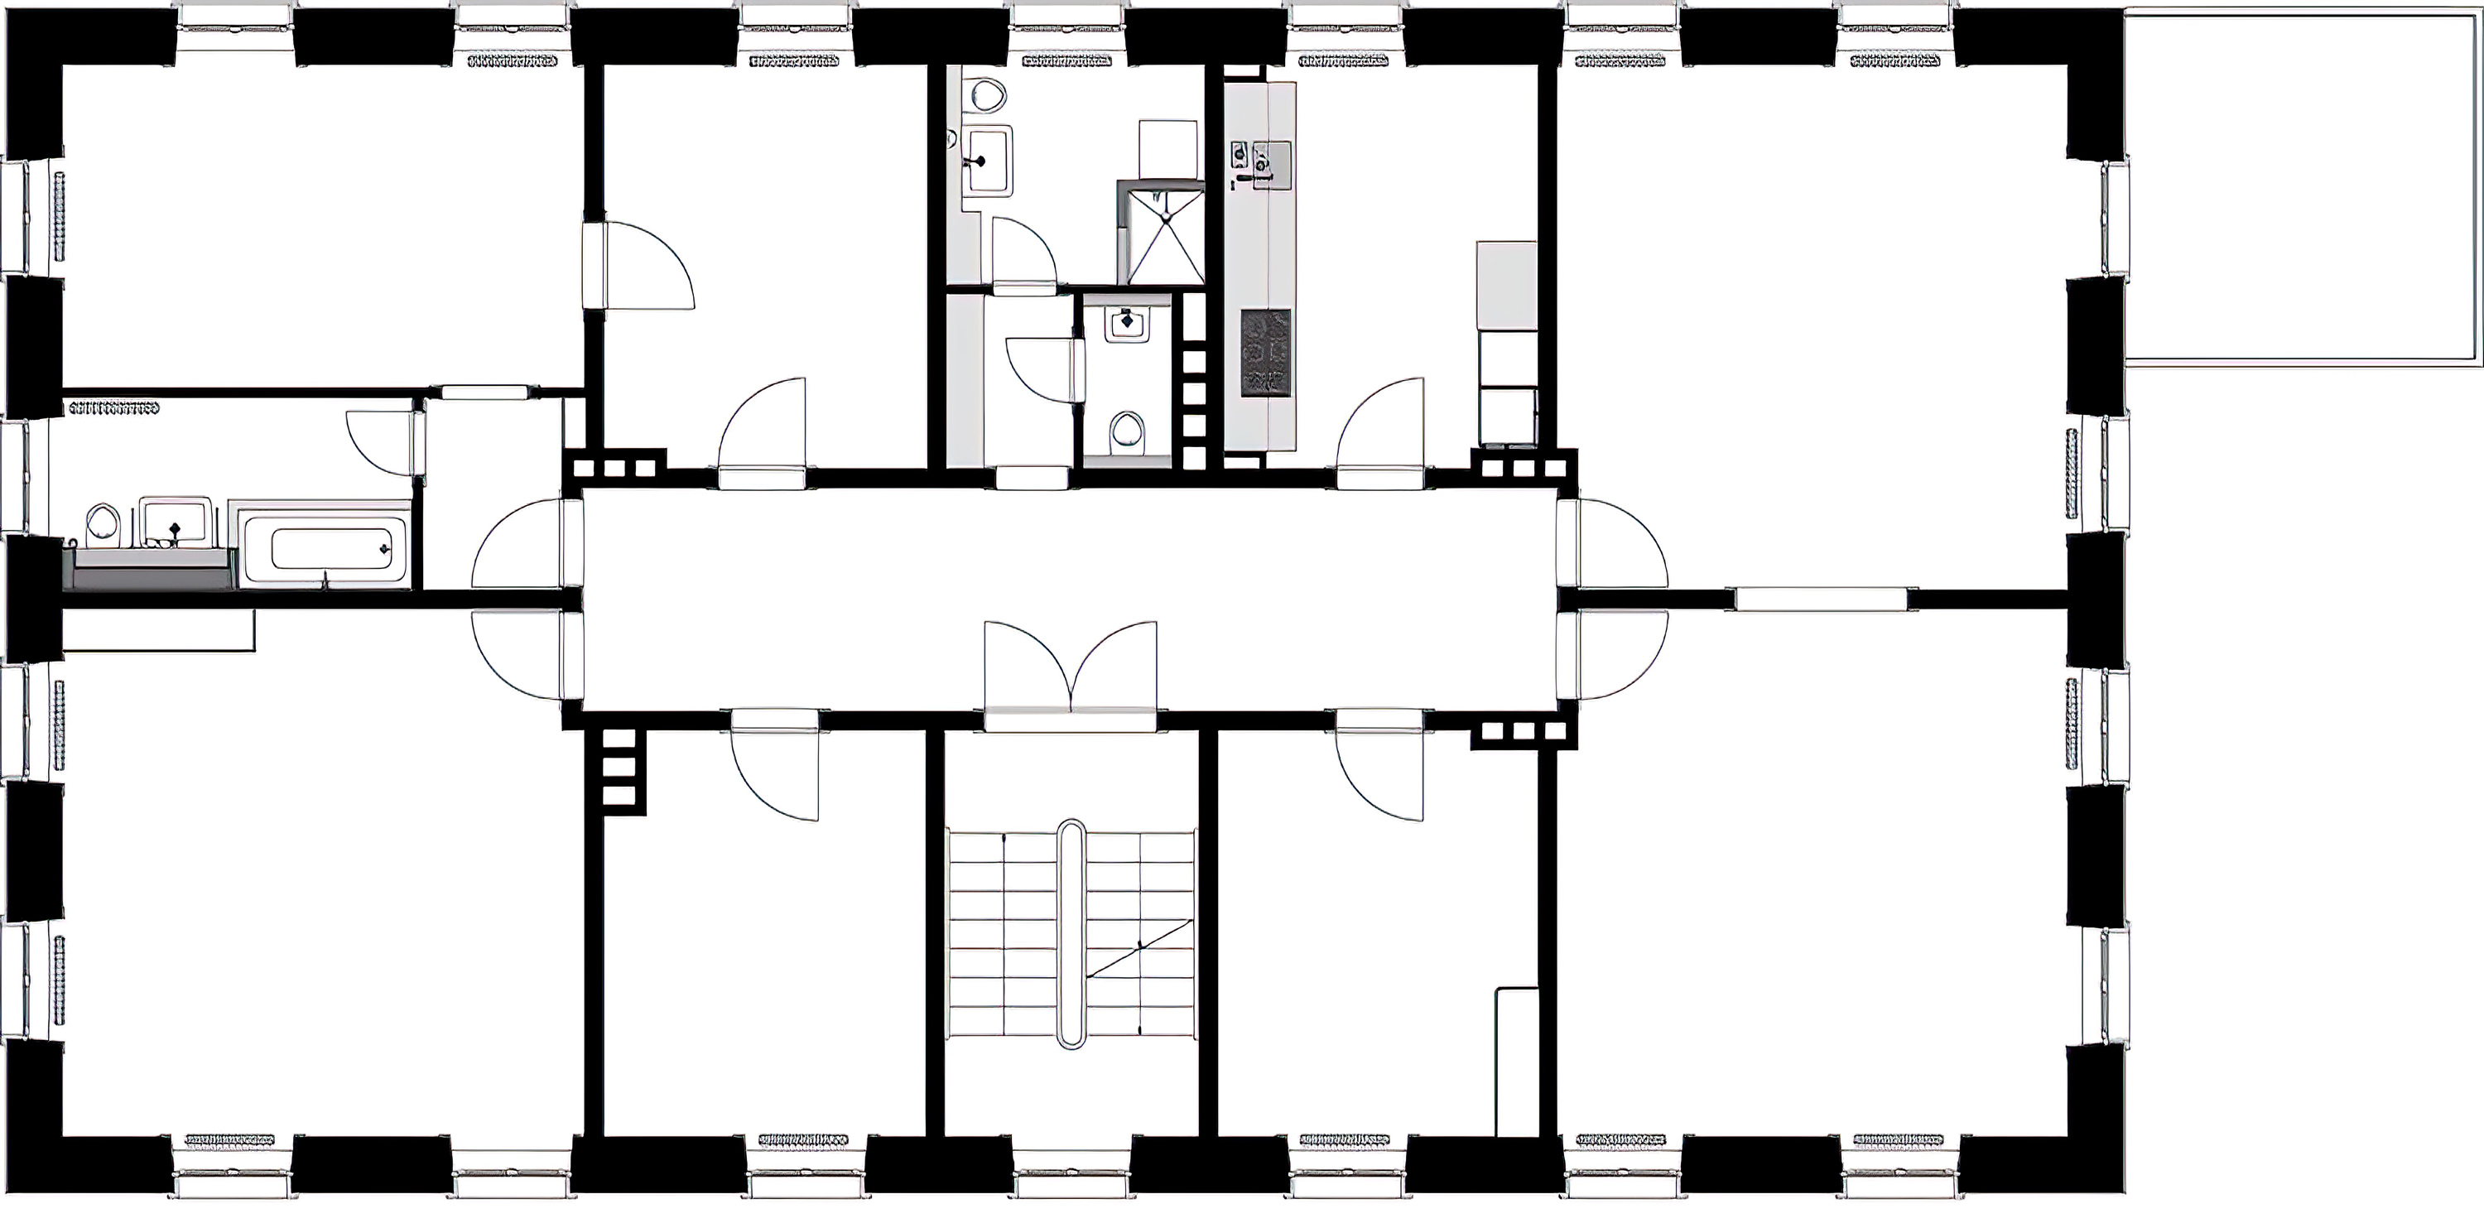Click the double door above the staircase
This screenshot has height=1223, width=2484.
click(x=1071, y=671)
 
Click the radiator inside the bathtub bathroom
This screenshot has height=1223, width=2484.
click(x=113, y=408)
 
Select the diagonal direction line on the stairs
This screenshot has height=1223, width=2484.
click(x=1140, y=949)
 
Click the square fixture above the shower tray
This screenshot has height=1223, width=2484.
click(x=1167, y=150)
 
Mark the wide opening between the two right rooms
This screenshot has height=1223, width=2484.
click(x=1821, y=598)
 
